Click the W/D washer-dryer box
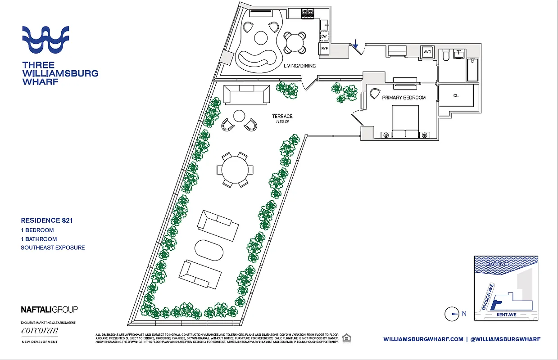[427, 52]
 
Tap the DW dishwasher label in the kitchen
[324, 36]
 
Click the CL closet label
[456, 96]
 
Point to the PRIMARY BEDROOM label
[404, 98]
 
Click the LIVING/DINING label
[299, 66]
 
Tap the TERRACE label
[282, 117]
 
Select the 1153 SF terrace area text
[282, 122]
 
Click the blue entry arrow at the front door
[355, 44]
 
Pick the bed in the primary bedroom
[405, 121]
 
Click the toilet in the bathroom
[445, 55]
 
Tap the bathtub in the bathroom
[472, 70]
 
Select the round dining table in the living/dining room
[295, 43]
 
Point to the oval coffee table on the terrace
[208, 251]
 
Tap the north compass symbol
[452, 314]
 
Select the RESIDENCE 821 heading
[47, 220]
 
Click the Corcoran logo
[40, 331]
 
